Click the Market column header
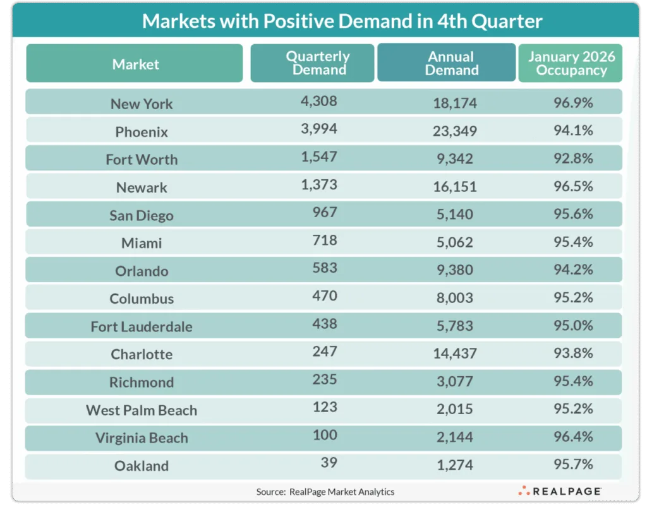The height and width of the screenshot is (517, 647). (x=135, y=64)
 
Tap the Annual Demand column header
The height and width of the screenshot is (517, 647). (x=451, y=63)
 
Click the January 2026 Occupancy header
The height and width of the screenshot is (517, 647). (x=571, y=63)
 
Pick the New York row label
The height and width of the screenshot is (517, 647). (x=142, y=104)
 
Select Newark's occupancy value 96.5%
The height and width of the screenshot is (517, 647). (x=571, y=187)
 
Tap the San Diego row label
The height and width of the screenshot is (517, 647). (x=141, y=215)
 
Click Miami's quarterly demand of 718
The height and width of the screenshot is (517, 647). (x=323, y=240)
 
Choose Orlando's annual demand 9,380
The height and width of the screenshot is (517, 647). (x=456, y=270)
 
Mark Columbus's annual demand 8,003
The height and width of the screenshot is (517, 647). (x=456, y=298)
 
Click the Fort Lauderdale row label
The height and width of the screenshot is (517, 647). (x=141, y=326)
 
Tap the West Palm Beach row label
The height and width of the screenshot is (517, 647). (x=142, y=410)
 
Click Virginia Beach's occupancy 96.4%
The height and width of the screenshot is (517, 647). (x=571, y=437)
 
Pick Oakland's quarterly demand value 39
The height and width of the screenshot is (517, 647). (x=328, y=463)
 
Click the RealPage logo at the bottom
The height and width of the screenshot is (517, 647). (x=559, y=491)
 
